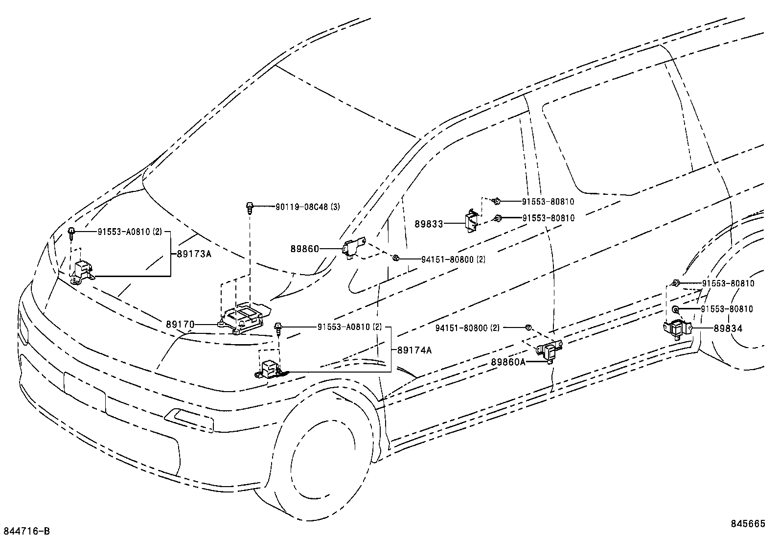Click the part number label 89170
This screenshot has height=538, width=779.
[180, 324]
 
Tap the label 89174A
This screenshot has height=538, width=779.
[414, 350]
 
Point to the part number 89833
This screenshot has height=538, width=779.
[429, 224]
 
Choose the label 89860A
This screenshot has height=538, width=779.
[508, 362]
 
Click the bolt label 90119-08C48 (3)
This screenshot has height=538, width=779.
[307, 207]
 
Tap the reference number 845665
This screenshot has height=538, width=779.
[748, 523]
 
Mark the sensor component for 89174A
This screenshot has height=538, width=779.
[270, 370]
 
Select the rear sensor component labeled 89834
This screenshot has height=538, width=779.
[676, 328]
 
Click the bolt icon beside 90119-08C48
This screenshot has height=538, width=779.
[250, 208]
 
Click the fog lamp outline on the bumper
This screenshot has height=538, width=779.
[188, 419]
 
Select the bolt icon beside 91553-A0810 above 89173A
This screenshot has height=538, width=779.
[71, 233]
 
